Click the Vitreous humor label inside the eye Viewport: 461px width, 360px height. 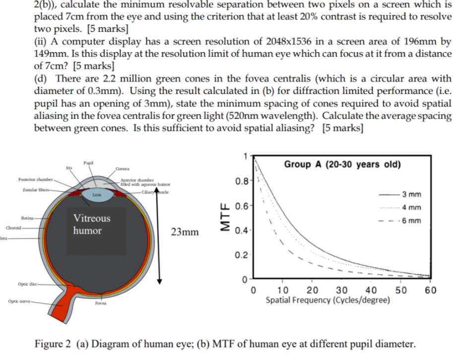[92, 224]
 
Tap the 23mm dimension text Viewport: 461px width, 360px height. [185, 231]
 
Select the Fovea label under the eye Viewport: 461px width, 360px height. [102, 303]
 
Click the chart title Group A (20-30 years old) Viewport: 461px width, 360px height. [342, 164]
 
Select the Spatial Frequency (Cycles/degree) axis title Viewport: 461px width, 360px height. [328, 300]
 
